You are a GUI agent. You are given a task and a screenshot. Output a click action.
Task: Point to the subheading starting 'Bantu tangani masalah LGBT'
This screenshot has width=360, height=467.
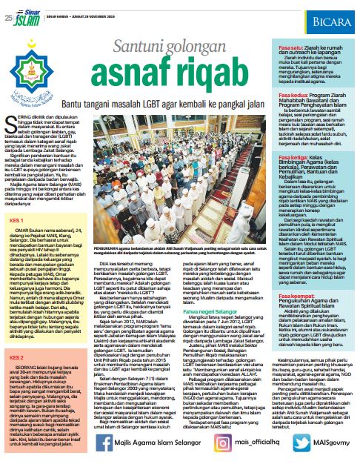(150, 87)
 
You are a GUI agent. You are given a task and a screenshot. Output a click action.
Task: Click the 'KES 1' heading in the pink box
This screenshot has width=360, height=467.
(14, 179)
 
